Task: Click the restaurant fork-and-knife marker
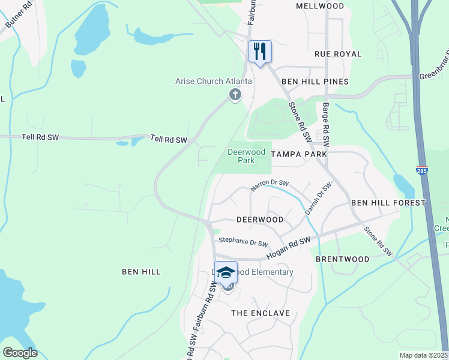[260, 51]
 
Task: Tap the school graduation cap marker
[226, 272]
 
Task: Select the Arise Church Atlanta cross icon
[235, 94]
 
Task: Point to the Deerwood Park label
[246, 156]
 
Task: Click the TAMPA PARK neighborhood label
[299, 154]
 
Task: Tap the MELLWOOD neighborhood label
[321, 6]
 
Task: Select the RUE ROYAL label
[338, 54]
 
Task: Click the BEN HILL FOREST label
[388, 203]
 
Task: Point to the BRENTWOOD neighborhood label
[343, 259]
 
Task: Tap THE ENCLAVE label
[261, 313]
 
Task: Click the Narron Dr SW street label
[270, 185]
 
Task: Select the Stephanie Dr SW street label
[243, 242]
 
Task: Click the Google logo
[20, 353]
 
